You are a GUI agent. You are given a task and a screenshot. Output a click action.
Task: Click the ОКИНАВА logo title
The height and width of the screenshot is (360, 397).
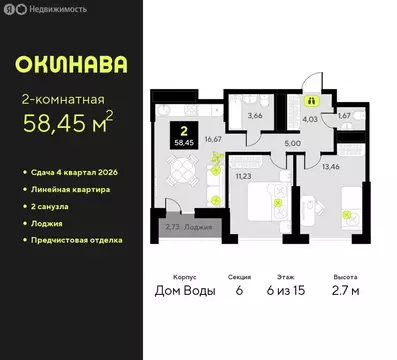click(72, 65)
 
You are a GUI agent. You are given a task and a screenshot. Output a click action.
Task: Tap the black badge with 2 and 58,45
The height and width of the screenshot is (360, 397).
click(183, 135)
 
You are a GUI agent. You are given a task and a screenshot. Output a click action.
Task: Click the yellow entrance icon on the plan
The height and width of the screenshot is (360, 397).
click(312, 100)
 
